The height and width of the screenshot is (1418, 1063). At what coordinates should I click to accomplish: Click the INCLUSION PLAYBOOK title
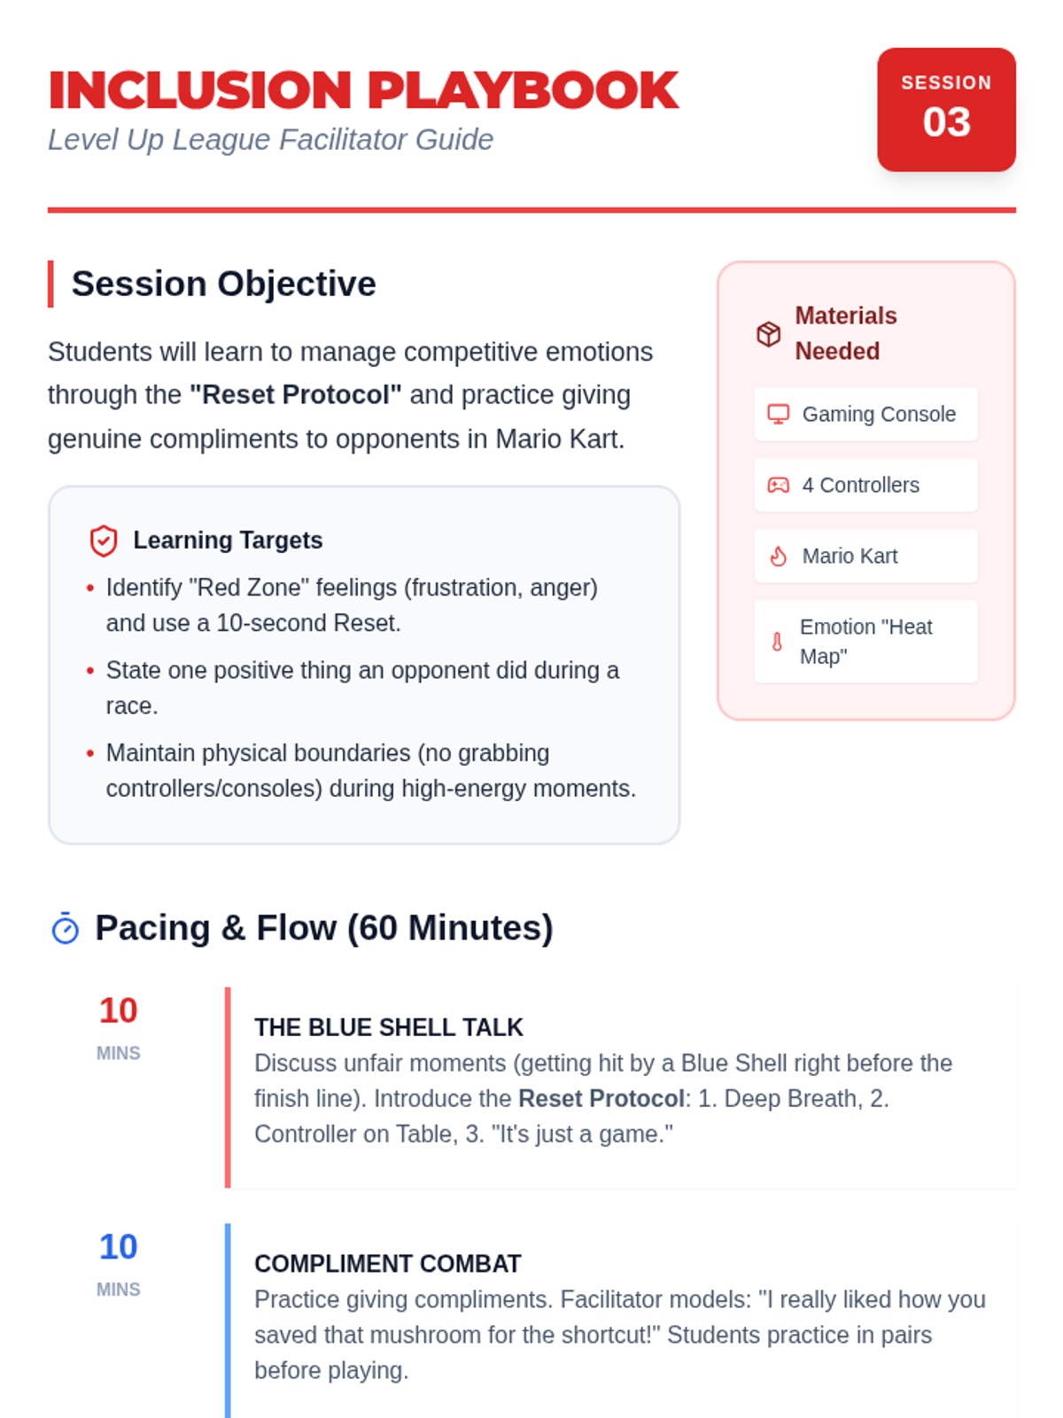[363, 90]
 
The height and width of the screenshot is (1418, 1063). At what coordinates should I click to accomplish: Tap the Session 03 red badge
[945, 109]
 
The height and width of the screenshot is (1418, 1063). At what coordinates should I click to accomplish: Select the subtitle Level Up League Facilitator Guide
[270, 139]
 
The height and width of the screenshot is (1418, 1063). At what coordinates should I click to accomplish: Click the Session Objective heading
[223, 284]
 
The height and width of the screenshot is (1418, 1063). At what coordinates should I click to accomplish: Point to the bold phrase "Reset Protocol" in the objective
[296, 394]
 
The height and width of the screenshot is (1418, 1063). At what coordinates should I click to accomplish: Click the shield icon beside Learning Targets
[104, 541]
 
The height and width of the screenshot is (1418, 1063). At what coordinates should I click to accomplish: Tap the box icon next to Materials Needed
[768, 334]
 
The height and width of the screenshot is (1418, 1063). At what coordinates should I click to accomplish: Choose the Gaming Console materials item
[865, 414]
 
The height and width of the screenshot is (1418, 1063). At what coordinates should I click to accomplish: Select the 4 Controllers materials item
[865, 485]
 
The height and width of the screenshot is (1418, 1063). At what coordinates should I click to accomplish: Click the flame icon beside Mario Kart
[779, 557]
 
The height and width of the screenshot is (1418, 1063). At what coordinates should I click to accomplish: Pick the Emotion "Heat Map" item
[865, 642]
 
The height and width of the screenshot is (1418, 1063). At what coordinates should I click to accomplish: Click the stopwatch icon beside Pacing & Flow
[66, 928]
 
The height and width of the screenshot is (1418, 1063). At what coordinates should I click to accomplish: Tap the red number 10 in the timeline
[118, 1010]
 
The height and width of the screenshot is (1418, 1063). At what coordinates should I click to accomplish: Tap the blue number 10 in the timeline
[118, 1247]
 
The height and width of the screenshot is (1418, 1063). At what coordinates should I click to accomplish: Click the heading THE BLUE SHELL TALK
[389, 1028]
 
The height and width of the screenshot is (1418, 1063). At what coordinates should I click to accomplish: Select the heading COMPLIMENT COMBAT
[388, 1265]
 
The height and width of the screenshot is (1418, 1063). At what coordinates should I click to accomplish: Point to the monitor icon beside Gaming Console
[779, 414]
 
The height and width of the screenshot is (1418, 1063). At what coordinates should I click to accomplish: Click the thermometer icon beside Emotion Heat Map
[777, 642]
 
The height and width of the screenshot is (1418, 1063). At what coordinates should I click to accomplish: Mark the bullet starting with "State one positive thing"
[362, 688]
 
